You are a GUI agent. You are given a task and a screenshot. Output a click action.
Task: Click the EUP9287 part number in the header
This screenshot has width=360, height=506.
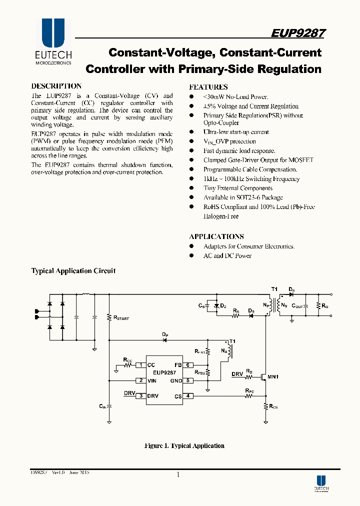[x=298, y=33]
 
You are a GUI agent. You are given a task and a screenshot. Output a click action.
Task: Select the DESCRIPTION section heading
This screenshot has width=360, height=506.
[x=56, y=86]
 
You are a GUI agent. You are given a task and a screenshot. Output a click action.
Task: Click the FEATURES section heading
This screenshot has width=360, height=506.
[x=208, y=86]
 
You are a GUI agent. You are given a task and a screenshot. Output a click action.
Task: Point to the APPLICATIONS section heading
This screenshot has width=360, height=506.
[x=216, y=236]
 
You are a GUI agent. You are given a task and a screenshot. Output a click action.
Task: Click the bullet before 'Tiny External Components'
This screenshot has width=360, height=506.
[x=191, y=188]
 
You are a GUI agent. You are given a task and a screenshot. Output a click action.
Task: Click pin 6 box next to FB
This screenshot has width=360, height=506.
[x=188, y=365]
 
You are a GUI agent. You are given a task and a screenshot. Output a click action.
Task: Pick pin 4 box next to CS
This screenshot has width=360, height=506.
[x=188, y=396]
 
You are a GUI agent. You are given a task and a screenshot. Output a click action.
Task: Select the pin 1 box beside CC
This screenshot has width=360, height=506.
[x=141, y=365]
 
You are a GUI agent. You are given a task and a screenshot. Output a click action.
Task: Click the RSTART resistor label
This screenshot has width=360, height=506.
[x=121, y=317]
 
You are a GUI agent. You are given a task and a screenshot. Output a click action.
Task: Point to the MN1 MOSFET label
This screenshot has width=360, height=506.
[x=272, y=376]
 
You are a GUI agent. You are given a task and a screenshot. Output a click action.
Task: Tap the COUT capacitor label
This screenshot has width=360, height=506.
[x=297, y=305]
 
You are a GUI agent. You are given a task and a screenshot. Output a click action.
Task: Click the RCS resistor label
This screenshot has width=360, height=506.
[x=273, y=407]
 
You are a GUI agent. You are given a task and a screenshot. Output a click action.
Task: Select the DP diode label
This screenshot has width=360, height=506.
[x=164, y=333]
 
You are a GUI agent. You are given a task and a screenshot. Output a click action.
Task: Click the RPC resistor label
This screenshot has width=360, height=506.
[x=249, y=390]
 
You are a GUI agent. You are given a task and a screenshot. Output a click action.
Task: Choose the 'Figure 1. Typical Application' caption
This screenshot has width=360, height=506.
[x=184, y=445]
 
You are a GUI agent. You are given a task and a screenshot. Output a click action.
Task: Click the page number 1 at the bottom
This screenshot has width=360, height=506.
[x=177, y=475]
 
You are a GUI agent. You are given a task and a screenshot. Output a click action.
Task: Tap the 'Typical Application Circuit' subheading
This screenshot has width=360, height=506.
[x=73, y=271]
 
